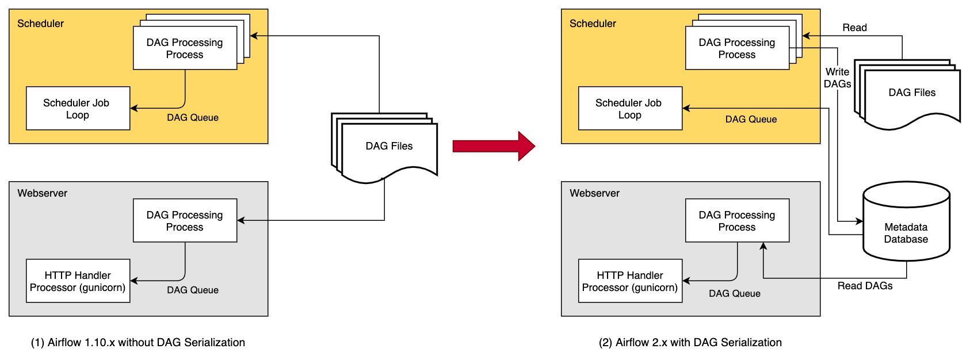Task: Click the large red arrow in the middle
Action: click(x=494, y=146)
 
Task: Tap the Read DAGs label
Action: click(x=865, y=286)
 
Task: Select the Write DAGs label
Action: click(x=837, y=78)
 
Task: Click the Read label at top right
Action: click(x=854, y=28)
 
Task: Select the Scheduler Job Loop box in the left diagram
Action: click(x=78, y=108)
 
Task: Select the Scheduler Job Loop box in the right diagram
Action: click(x=630, y=108)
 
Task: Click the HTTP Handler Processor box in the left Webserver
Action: click(x=78, y=281)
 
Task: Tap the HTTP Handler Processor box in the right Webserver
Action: click(x=630, y=281)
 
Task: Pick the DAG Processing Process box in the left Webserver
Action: click(x=185, y=220)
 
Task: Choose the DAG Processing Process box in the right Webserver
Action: click(x=737, y=220)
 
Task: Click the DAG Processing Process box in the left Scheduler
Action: click(x=185, y=48)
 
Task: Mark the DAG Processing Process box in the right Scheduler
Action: click(x=737, y=48)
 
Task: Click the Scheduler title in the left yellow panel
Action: click(x=40, y=24)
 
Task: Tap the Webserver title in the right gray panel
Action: click(x=594, y=193)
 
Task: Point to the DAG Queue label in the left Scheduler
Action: click(x=193, y=117)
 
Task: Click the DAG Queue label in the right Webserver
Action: click(x=735, y=293)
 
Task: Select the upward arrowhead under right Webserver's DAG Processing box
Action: click(x=763, y=246)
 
